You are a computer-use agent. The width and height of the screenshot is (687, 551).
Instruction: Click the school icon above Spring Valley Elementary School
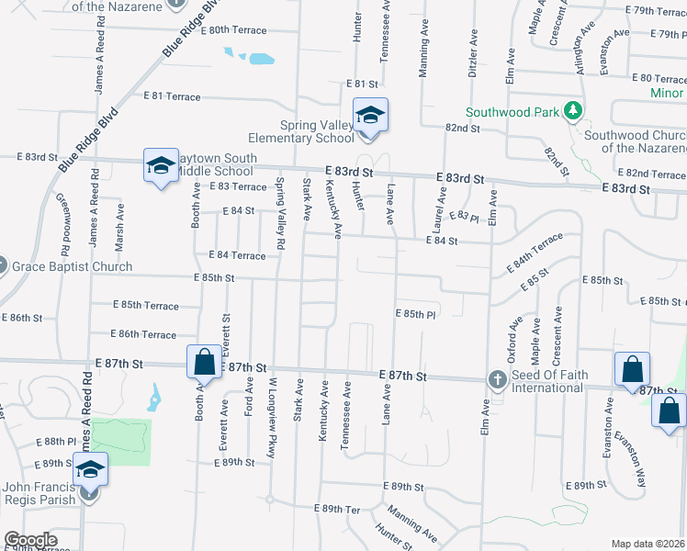[x=370, y=116]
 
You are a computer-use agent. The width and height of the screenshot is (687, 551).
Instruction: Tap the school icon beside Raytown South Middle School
[x=161, y=166]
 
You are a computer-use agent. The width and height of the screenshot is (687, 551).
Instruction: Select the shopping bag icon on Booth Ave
[x=204, y=362]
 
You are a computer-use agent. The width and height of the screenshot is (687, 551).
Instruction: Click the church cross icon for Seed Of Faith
[x=497, y=378]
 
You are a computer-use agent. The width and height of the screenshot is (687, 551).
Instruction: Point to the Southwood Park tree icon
[x=574, y=112]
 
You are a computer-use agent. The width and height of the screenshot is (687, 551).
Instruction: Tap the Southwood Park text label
[x=512, y=113]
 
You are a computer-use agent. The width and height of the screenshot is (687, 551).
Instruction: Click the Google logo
[x=30, y=540]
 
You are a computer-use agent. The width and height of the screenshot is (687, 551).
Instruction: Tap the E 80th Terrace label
[x=225, y=29]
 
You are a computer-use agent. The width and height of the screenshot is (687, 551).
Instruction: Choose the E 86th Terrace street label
[x=142, y=334]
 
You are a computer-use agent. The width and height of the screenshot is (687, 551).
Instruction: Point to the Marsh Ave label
[x=118, y=222]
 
